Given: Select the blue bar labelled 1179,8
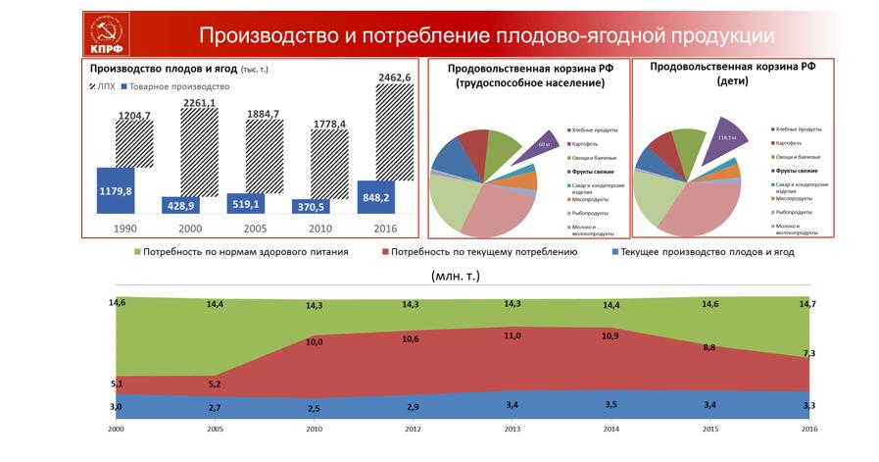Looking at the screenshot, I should [116, 191].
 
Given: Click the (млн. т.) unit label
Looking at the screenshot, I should [455, 276].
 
